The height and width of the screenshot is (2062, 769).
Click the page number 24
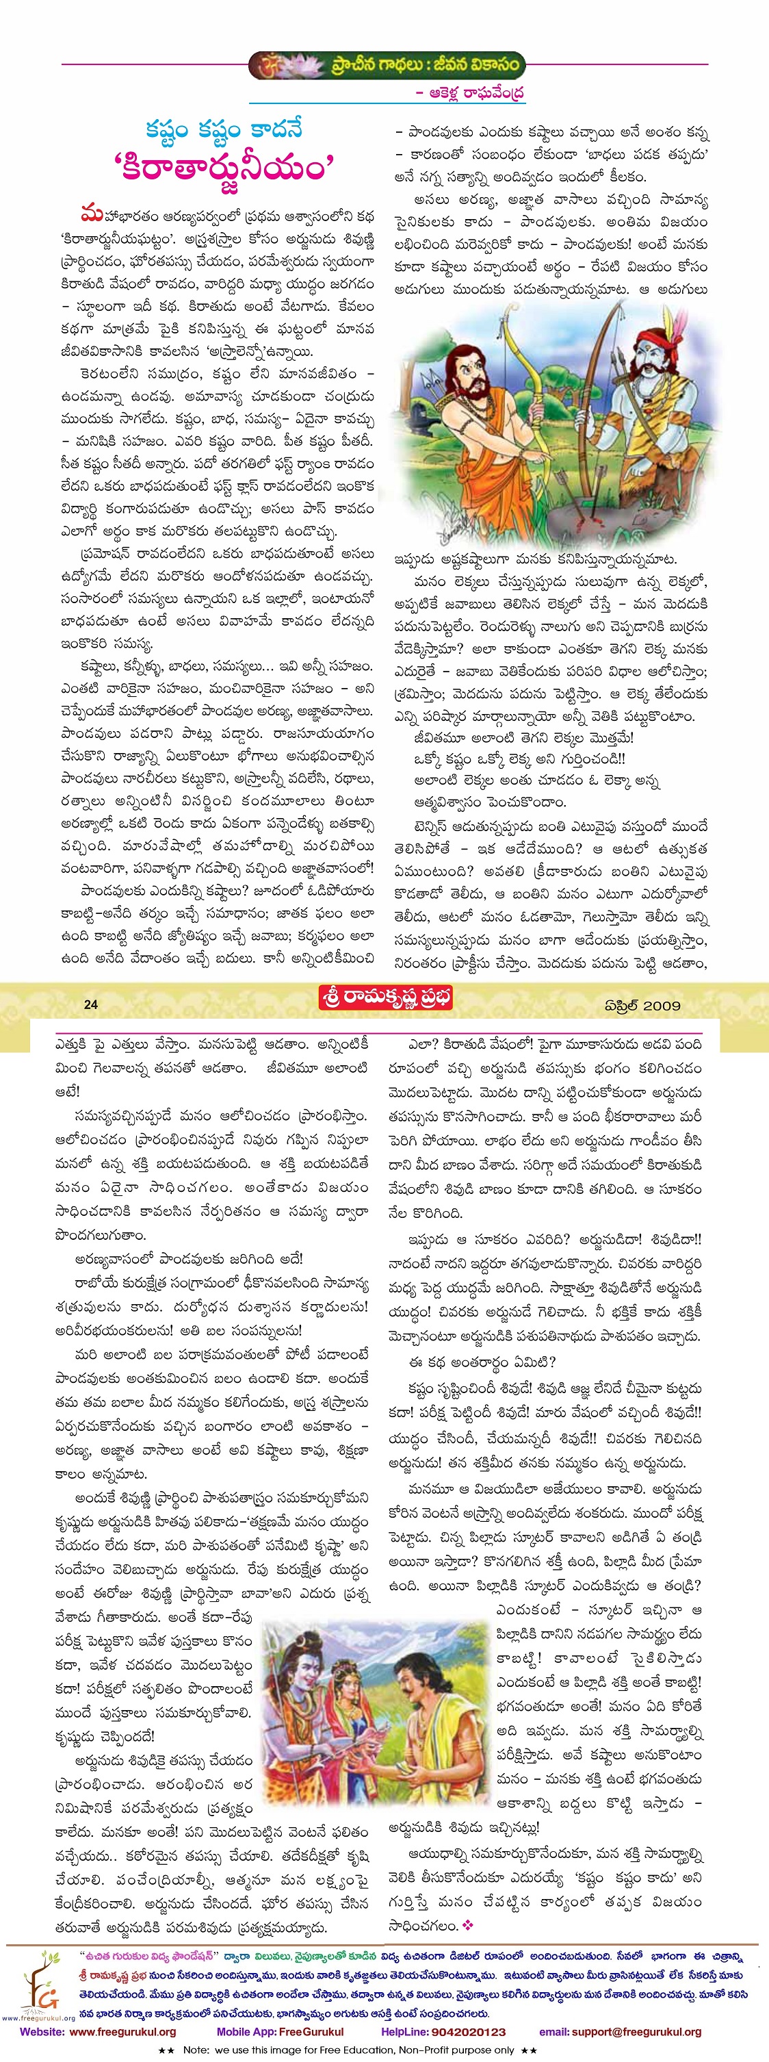[90, 1004]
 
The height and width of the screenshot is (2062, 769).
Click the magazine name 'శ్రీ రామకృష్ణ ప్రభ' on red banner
[386, 999]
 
